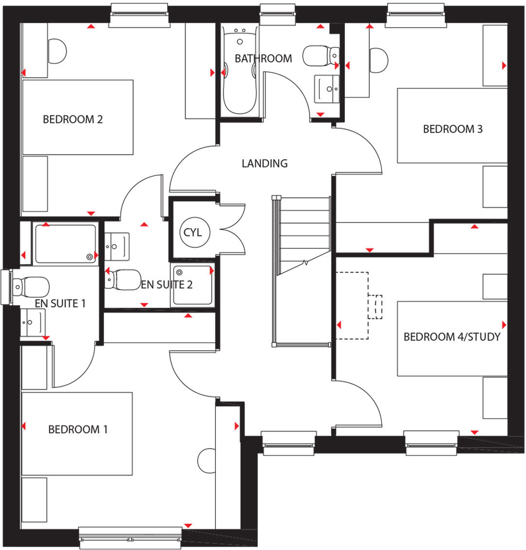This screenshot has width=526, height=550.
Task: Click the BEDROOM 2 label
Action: click(x=73, y=119)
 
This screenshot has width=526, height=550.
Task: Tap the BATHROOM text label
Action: click(x=263, y=59)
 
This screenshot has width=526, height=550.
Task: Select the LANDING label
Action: click(x=264, y=163)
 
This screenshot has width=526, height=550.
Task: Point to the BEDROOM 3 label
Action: click(x=452, y=129)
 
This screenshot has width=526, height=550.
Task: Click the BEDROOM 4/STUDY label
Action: click(x=451, y=336)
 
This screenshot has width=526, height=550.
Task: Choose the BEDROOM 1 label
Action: click(x=78, y=429)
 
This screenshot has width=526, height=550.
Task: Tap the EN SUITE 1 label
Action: click(x=60, y=303)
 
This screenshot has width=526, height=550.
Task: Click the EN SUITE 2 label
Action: click(x=167, y=285)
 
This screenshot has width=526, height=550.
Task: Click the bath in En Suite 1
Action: click(x=65, y=243)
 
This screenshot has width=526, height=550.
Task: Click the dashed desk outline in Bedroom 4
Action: click(x=353, y=305)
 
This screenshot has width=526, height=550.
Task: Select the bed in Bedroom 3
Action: click(x=452, y=125)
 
